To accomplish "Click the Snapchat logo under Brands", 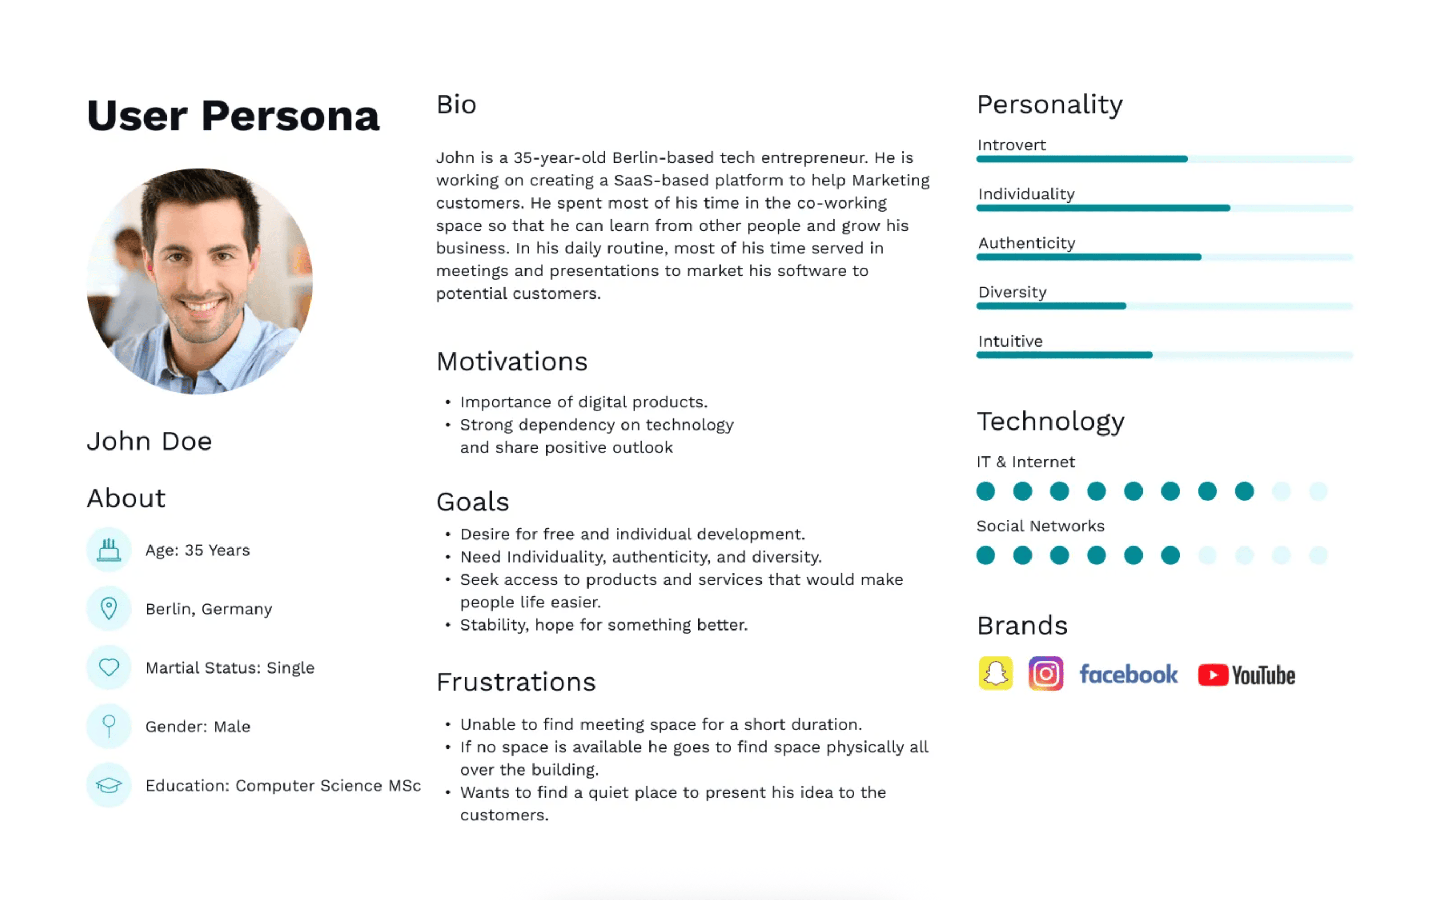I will [x=995, y=674].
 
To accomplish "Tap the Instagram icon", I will [x=1046, y=674].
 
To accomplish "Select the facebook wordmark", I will [x=1129, y=674].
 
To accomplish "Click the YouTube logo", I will [x=1246, y=675].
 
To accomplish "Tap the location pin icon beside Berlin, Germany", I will [x=109, y=608].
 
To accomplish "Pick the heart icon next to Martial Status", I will [x=109, y=667].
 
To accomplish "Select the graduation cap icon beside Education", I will [x=109, y=785].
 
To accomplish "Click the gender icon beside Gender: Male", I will [x=109, y=726].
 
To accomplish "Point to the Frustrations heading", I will [x=516, y=682].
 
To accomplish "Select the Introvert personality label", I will [x=1011, y=145].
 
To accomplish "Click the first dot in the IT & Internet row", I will [x=986, y=491].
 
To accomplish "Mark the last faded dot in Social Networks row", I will [x=1318, y=555].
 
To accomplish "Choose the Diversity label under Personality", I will [x=1012, y=292].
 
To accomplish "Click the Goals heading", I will [x=473, y=502].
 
